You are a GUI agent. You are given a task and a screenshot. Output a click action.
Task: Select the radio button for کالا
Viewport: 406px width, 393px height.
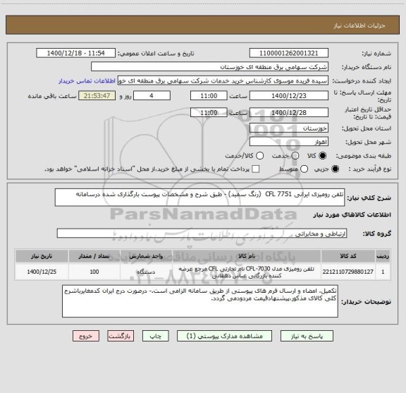click(315, 155)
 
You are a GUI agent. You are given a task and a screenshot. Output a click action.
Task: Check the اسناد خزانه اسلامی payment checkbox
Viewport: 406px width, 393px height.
click(255, 169)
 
